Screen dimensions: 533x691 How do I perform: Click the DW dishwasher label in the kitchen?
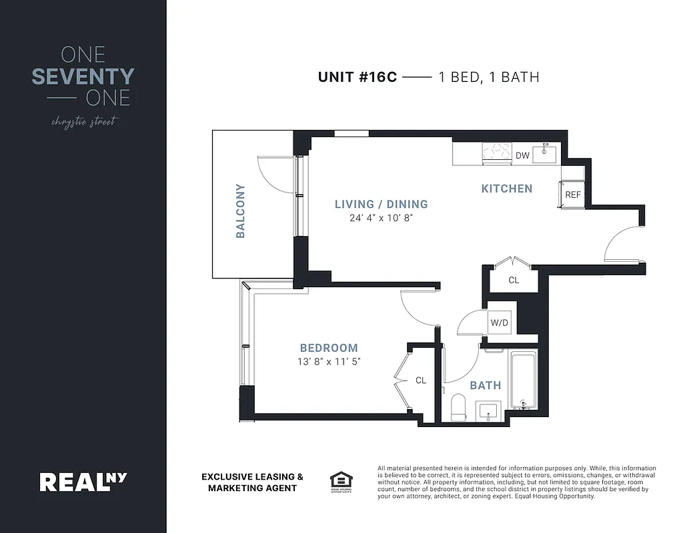tap(522, 156)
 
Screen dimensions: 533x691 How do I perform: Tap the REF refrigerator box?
tap(573, 195)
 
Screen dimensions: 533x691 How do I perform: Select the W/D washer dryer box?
tap(500, 322)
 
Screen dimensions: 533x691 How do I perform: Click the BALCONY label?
tap(240, 211)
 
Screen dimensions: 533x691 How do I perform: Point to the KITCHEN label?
tap(507, 189)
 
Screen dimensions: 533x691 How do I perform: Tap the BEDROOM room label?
tap(329, 348)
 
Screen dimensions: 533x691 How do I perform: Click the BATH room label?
tap(485, 385)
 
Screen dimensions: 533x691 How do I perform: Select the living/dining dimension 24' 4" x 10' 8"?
tap(380, 218)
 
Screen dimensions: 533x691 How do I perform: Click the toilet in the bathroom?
tap(458, 407)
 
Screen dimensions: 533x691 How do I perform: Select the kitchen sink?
tap(546, 154)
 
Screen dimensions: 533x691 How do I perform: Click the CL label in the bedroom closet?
tap(420, 380)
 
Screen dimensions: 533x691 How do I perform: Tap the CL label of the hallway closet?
tap(514, 280)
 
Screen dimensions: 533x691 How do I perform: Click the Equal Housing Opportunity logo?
tap(341, 481)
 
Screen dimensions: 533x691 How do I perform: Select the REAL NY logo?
tap(83, 481)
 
